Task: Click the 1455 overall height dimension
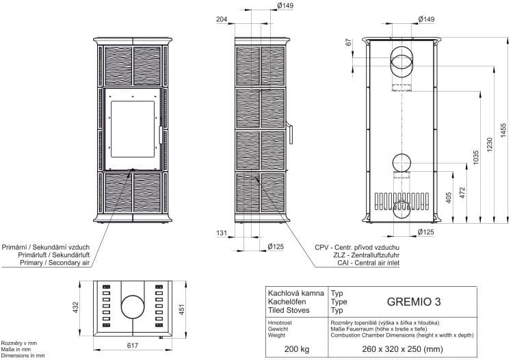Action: [503, 130]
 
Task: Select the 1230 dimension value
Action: [490, 144]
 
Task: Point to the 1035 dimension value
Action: [475, 157]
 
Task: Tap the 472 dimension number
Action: [462, 193]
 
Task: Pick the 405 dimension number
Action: [449, 197]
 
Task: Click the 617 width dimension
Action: [133, 345]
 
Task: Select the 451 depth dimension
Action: [181, 309]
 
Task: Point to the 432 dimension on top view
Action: [75, 307]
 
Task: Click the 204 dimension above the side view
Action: [222, 19]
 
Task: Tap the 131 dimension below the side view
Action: [222, 233]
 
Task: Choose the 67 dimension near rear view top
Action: [348, 42]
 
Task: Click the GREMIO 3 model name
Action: [414, 301]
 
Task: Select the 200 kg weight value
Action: [296, 349]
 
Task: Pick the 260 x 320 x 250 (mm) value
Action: [402, 349]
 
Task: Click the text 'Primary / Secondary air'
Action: [55, 263]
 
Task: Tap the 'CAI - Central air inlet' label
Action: [369, 263]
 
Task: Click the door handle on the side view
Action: [290, 133]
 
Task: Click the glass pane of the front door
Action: [133, 129]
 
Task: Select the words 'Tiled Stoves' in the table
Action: [289, 310]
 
